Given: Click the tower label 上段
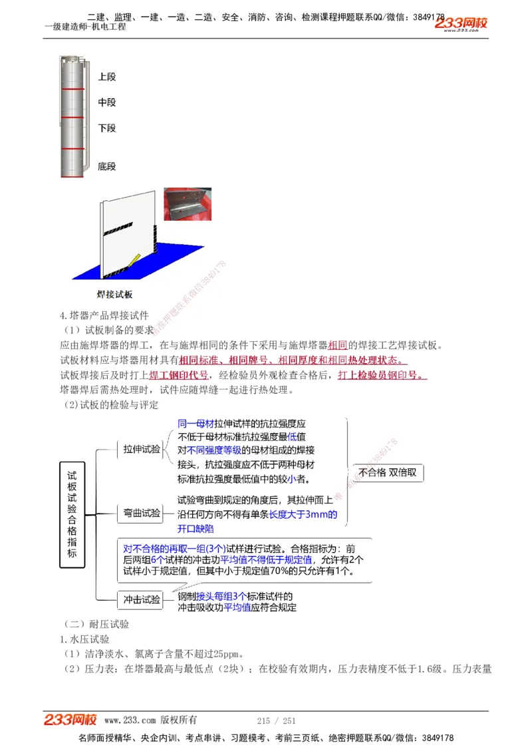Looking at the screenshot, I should (x=106, y=77).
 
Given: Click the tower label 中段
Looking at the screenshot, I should (x=106, y=102).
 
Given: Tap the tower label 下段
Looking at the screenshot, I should (x=106, y=128).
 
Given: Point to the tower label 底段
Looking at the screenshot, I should (x=106, y=166).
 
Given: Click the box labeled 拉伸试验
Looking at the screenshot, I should (x=141, y=450).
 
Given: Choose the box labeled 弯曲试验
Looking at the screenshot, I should (x=141, y=513).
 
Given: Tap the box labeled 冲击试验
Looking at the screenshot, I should (x=141, y=599).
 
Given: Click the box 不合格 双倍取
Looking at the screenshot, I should (x=388, y=472).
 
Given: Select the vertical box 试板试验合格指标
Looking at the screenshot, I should (x=72, y=514).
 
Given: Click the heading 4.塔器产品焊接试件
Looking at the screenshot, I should (x=104, y=315).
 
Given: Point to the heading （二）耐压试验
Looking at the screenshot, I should (x=96, y=624).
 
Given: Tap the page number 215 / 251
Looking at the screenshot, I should (x=276, y=720).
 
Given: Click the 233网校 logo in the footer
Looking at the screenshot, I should (x=70, y=719).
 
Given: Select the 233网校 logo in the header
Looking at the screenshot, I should (x=461, y=25).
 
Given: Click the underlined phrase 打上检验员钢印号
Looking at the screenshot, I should (x=382, y=375).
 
